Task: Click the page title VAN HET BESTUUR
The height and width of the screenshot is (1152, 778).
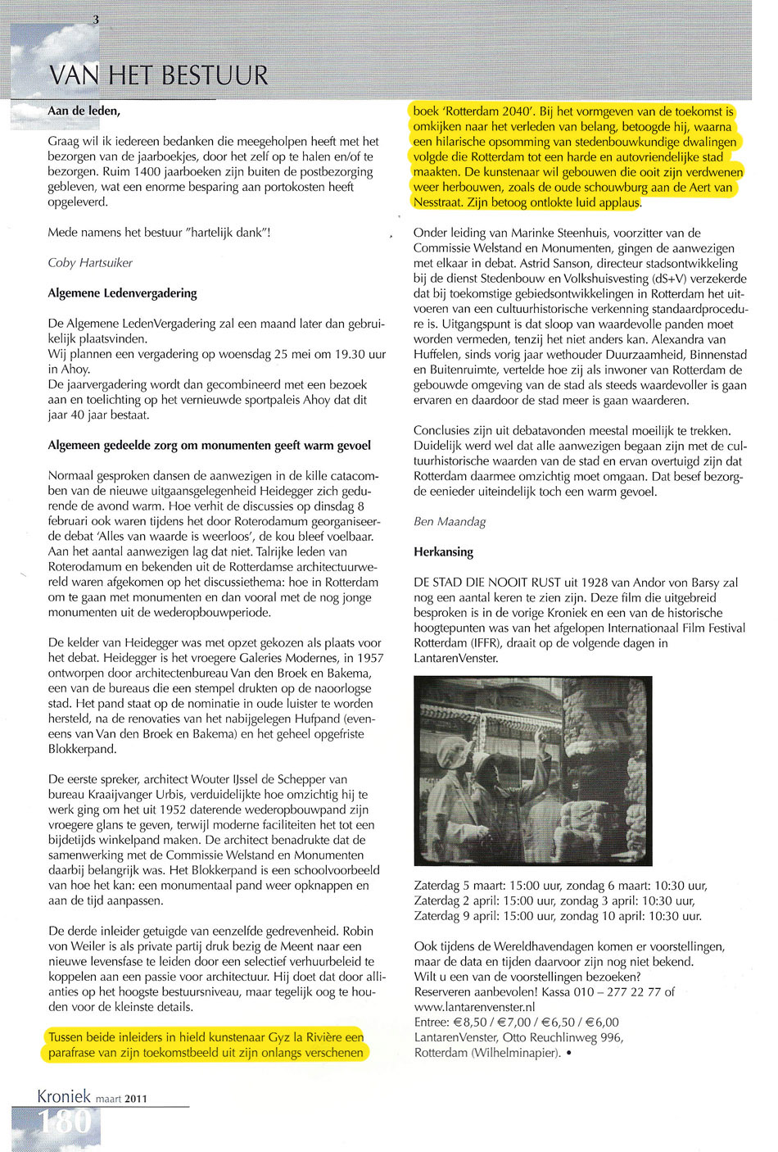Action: tap(158, 75)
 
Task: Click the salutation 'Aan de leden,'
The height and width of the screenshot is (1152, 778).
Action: tap(84, 111)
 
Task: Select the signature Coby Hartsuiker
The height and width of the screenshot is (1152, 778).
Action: tap(90, 263)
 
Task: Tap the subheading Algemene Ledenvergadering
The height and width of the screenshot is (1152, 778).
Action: tap(122, 293)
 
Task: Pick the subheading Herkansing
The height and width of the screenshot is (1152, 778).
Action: tap(443, 552)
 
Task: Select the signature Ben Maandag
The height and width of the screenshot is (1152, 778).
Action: tap(450, 522)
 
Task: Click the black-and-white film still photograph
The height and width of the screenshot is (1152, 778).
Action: tap(532, 771)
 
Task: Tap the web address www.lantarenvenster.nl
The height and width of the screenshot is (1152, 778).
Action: tap(474, 1007)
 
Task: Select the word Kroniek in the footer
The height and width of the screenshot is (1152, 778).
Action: tap(64, 1096)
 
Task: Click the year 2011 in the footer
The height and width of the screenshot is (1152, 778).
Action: tap(135, 1099)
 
